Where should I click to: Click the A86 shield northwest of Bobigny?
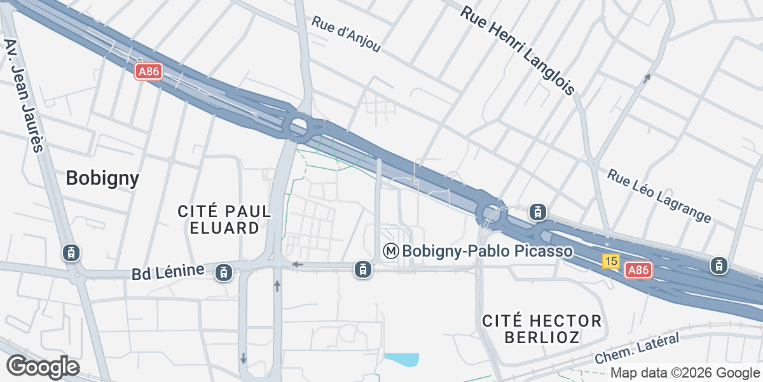tap(149, 71)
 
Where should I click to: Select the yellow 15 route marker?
tap(611, 261)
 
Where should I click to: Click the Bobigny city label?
tap(102, 178)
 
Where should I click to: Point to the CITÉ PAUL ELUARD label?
tap(224, 219)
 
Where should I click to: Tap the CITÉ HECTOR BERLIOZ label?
tap(542, 329)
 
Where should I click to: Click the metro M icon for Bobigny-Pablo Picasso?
tap(391, 251)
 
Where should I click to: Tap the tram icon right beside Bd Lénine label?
tap(223, 272)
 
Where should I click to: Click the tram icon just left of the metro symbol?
tap(363, 269)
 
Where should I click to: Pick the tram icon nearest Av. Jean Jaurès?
tap(71, 253)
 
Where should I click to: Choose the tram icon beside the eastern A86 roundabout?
tap(538, 211)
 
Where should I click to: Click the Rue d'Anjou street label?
tap(346, 34)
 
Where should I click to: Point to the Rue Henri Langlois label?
tap(518, 51)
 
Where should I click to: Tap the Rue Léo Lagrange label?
tap(659, 196)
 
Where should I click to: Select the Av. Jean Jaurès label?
tap(23, 95)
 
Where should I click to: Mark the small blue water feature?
tap(403, 360)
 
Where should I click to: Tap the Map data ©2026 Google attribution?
tap(685, 373)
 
